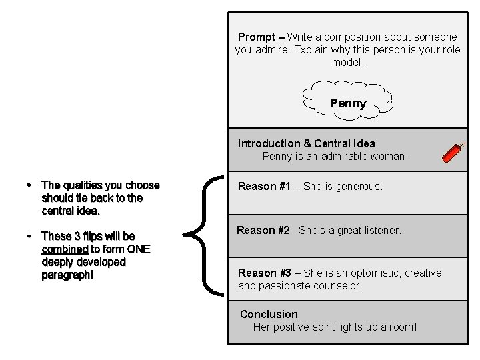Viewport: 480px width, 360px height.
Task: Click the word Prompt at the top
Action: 256,37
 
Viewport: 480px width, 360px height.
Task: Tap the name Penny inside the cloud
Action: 348,103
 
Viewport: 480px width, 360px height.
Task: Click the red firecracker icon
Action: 454,152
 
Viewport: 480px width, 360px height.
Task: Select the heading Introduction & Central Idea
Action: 307,143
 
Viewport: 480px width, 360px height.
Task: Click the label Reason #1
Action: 265,187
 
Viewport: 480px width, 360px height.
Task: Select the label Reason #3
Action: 265,273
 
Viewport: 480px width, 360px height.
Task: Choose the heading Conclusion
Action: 269,314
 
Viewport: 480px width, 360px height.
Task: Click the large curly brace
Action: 204,233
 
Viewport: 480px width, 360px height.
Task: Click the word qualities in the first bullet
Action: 83,185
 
